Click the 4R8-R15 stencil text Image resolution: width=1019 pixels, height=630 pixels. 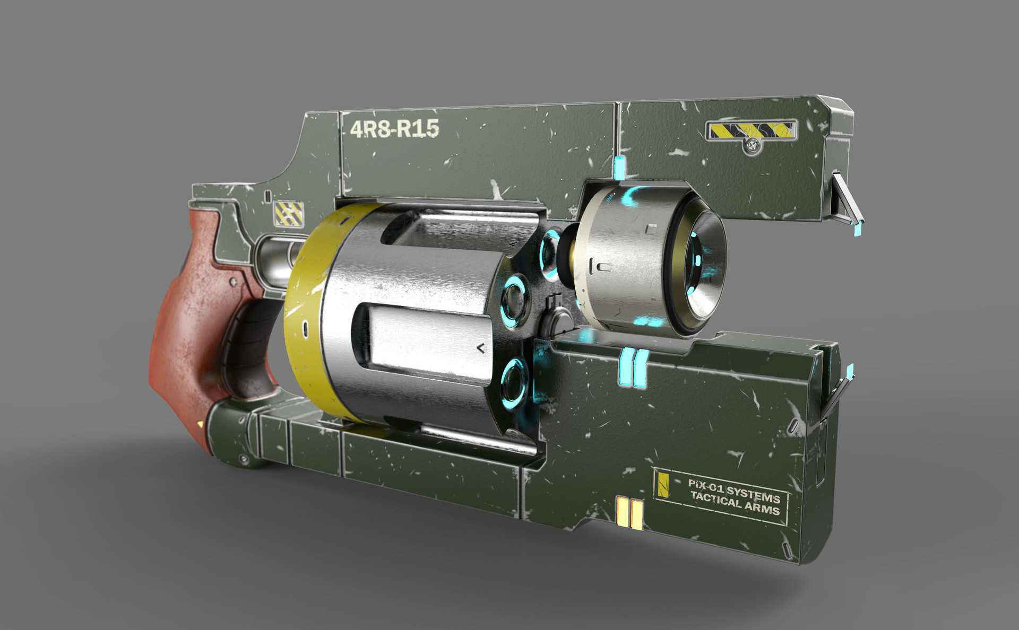(394, 128)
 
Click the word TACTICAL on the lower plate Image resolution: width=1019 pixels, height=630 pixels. (715, 499)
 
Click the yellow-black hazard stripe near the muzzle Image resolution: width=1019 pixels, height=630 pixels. (751, 130)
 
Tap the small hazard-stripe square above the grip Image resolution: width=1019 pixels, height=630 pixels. (289, 213)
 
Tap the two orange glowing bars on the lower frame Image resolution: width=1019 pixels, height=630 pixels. (629, 513)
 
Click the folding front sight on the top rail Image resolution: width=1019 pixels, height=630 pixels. (846, 202)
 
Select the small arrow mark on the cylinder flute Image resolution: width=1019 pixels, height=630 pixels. (481, 348)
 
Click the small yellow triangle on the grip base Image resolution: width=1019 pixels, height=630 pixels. (200, 424)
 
